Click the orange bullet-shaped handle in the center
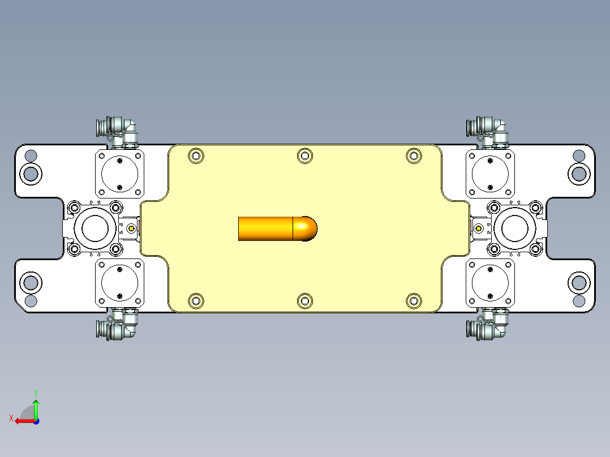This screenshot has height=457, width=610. [277, 228]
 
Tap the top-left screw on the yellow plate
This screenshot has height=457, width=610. [196, 156]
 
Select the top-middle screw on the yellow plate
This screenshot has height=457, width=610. [305, 156]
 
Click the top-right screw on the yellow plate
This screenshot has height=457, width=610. [414, 156]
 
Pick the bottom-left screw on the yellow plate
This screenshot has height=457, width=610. [196, 301]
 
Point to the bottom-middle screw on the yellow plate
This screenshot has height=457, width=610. [305, 301]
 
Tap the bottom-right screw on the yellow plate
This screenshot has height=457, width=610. [414, 301]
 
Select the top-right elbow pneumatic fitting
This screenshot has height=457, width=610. [488, 128]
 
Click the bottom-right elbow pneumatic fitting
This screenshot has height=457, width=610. [488, 326]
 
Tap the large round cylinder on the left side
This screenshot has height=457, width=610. [95, 228]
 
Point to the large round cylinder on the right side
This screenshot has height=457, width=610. [515, 228]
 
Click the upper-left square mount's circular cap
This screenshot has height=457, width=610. [119, 174]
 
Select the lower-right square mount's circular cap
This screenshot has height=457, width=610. [490, 283]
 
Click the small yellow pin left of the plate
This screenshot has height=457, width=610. [132, 228]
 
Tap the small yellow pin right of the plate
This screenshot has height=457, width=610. [479, 228]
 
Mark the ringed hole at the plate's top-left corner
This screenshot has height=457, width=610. [31, 173]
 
